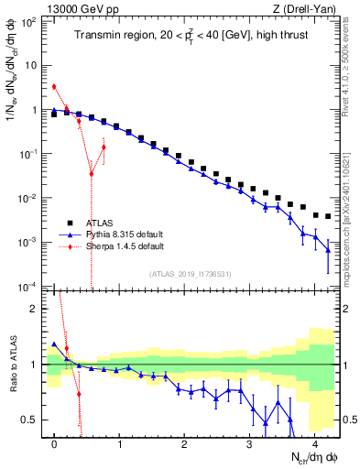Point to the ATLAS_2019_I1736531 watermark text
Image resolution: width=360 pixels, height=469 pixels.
coord(189,275)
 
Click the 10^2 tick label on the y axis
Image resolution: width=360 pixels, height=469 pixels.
coord(29,22)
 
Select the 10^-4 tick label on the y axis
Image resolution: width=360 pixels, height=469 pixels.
coord(29,287)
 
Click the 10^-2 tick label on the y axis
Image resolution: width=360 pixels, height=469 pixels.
coord(29,199)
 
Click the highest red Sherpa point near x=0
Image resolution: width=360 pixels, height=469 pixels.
coord(54,87)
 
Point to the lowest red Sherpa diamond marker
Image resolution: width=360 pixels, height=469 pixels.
coord(92,174)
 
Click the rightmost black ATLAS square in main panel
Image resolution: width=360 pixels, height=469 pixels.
coord(328,217)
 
